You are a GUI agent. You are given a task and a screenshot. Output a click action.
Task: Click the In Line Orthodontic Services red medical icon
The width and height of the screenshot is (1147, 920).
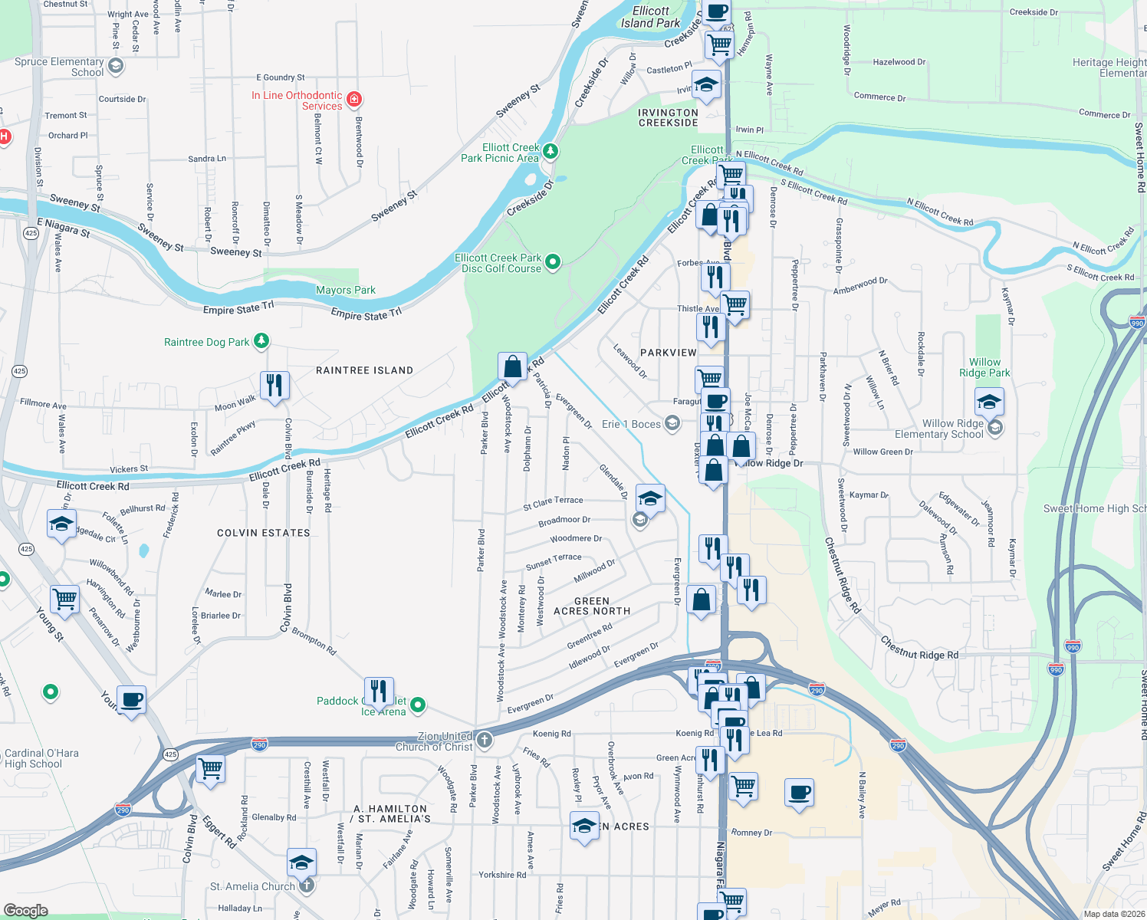point(354,99)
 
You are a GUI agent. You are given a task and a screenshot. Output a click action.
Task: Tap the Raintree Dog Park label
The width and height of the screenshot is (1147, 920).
point(206,342)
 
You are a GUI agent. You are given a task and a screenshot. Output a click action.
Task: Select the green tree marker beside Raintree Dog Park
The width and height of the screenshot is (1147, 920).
point(261,340)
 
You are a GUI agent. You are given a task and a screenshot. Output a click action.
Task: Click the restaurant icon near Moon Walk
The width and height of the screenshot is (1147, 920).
point(274,385)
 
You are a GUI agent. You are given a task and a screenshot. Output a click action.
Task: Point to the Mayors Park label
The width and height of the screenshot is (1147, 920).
point(346,290)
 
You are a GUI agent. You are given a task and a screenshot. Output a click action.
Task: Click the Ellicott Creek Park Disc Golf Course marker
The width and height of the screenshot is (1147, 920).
point(552,262)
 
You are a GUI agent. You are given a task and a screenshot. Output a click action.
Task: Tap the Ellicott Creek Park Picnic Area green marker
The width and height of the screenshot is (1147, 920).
point(550,152)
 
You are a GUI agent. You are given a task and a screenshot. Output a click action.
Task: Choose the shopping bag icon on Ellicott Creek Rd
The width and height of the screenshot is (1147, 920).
point(512,366)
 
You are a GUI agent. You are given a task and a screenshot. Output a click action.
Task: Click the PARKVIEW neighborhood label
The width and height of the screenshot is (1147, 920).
point(669,353)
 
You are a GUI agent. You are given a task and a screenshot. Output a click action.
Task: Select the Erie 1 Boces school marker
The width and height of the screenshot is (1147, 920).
point(672,423)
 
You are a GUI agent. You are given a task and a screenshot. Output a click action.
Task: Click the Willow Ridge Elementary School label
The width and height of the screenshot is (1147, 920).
point(952,429)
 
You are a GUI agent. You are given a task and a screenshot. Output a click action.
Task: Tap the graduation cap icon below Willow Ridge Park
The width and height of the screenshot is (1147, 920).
point(989,401)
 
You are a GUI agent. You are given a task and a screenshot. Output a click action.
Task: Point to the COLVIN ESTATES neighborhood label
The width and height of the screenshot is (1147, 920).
point(264,533)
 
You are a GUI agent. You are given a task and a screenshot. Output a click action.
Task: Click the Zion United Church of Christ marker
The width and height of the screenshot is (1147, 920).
point(485,740)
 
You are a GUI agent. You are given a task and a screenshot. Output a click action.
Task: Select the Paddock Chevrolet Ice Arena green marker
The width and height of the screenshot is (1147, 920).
point(418,704)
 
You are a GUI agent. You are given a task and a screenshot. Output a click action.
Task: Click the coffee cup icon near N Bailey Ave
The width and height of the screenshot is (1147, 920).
point(799,792)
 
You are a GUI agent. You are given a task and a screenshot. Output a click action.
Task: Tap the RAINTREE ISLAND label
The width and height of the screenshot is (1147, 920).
point(364,370)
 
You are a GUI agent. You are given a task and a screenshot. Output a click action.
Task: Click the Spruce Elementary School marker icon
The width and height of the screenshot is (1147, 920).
point(116,67)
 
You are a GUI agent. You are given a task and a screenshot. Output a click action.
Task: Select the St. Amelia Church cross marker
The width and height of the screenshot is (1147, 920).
point(306,886)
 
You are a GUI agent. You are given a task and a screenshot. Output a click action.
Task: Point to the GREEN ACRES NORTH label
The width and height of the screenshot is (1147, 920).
point(592,606)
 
